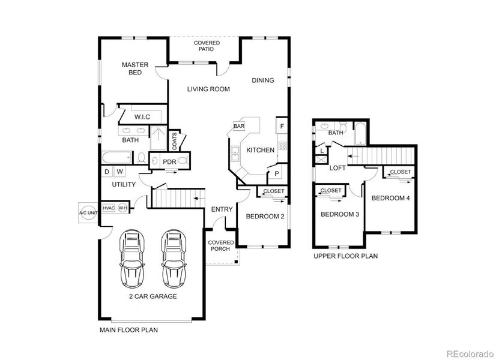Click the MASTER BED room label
pos(135,68)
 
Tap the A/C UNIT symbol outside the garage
pos(88,213)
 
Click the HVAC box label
pos(109,208)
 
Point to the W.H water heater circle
pos(123,208)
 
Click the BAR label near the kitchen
pos(239,127)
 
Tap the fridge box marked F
pos(281,126)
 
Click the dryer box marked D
pos(106,172)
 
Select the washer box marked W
pos(119,172)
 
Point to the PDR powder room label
pos(169,161)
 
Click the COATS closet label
pos(175,141)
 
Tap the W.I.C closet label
pos(142,116)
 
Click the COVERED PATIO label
pos(207,46)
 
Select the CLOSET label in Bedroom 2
pos(274,191)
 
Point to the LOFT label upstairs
pos(337,168)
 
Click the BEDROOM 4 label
pos(390,198)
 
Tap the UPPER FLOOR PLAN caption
pos(345,256)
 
